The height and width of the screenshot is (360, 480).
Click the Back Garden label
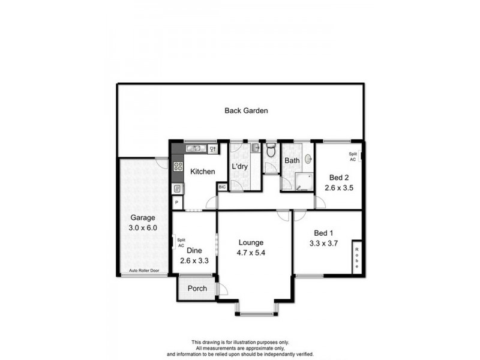(x=246, y=110)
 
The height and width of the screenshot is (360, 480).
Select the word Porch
(x=197, y=289)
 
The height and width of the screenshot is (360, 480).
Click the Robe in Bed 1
(x=356, y=259)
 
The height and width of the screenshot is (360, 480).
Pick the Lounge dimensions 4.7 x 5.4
(x=251, y=253)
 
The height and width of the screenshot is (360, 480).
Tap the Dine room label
(x=193, y=251)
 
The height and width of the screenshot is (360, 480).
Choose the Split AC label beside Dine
(x=181, y=242)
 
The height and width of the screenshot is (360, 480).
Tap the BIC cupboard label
(x=222, y=188)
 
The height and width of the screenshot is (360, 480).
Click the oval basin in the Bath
(x=308, y=159)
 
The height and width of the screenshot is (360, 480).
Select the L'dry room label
(x=240, y=166)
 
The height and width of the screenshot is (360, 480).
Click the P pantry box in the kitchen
(x=177, y=203)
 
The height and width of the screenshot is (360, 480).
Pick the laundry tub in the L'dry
(x=254, y=148)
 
